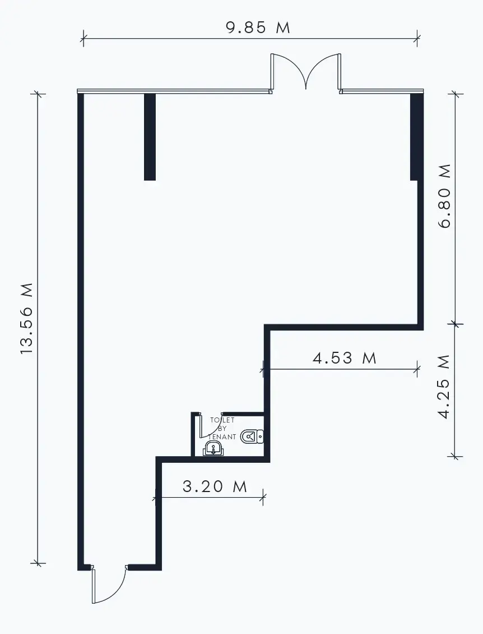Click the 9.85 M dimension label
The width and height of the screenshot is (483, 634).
[258, 27]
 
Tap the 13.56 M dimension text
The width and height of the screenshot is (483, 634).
[26, 319]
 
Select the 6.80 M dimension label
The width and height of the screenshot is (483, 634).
[444, 196]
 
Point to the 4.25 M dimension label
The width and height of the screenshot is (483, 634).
[444, 387]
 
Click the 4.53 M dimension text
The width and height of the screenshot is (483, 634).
[345, 358]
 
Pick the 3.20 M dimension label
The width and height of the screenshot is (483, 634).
[215, 486]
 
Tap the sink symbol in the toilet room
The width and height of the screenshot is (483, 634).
[213, 448]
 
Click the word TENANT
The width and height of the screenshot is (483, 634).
[222, 437]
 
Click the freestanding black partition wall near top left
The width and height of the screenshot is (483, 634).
[150, 137]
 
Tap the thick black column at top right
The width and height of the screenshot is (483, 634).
[417, 137]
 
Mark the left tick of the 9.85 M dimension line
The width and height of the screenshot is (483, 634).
[83, 38]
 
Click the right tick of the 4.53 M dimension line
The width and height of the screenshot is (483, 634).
[417, 369]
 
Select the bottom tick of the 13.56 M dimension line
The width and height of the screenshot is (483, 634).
[38, 562]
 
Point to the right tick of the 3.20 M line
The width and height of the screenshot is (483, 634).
[263, 497]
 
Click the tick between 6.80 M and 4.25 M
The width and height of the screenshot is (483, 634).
[456, 324]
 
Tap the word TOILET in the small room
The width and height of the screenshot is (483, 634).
[222, 420]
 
